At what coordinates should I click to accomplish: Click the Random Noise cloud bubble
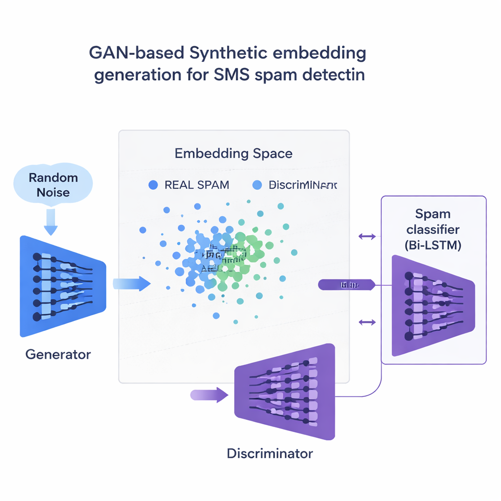[53, 184]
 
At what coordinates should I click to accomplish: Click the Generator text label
[58, 354]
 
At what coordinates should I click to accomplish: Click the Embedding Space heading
[233, 153]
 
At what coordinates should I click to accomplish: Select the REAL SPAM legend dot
[153, 185]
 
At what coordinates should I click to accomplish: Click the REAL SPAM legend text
[197, 185]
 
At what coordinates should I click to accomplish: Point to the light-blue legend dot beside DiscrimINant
[257, 185]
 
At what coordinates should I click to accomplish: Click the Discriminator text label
[270, 454]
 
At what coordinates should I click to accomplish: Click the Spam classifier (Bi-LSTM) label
[433, 230]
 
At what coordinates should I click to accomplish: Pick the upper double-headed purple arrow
[367, 237]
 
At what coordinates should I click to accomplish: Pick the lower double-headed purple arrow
[367, 322]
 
